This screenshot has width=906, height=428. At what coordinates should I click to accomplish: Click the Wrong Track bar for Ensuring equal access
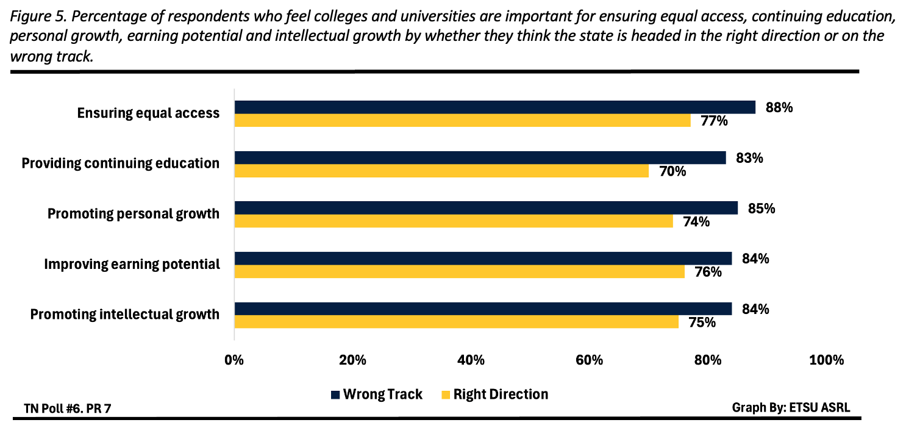pos(494,107)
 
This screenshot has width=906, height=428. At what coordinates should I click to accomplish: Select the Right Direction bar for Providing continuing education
pos(441,171)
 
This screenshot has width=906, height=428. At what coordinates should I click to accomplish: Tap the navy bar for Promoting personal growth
pos(486,208)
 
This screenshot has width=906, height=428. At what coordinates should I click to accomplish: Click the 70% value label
pos(672,171)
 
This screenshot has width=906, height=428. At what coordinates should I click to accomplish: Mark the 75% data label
pos(701,323)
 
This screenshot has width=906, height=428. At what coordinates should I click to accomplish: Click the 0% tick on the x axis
pos(234,360)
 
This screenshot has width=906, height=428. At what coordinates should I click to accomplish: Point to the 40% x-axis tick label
pos(471,360)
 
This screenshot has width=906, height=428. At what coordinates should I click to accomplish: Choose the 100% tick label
pos(826,360)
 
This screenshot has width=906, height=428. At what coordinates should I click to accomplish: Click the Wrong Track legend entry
pos(376,394)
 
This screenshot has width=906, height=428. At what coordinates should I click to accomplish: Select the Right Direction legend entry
pos(494,394)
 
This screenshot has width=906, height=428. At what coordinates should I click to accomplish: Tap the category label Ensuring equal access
pos(148,113)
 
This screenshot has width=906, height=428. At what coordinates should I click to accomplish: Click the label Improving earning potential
pos(132,265)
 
